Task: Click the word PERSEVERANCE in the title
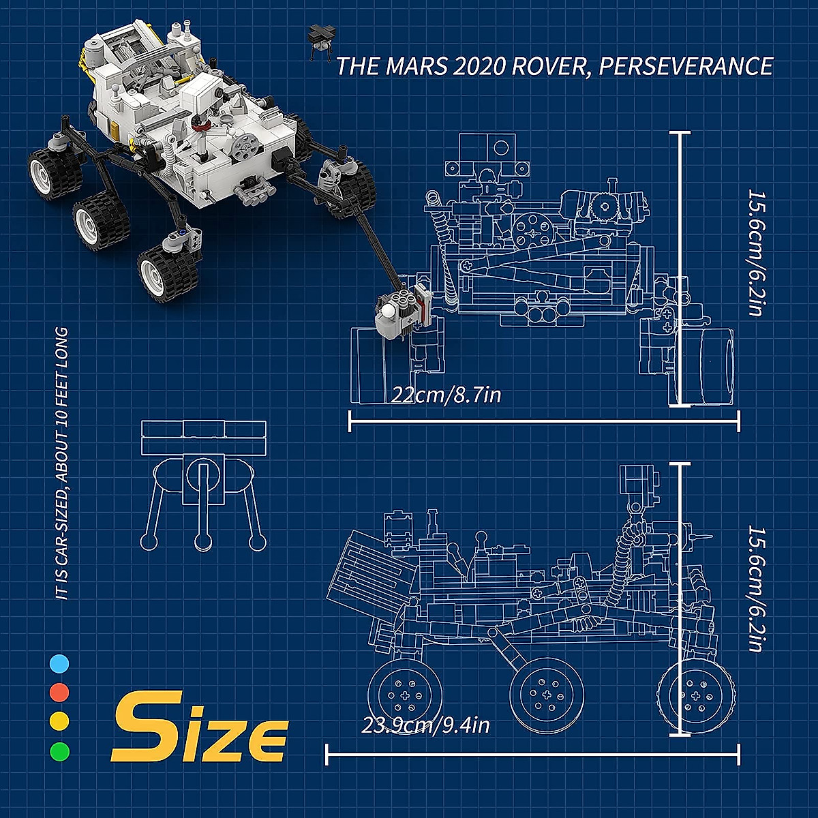[x=685, y=67]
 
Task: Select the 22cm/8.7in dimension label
[x=446, y=395]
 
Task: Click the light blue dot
[x=59, y=664]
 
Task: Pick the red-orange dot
[x=59, y=693]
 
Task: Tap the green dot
[x=59, y=751]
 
